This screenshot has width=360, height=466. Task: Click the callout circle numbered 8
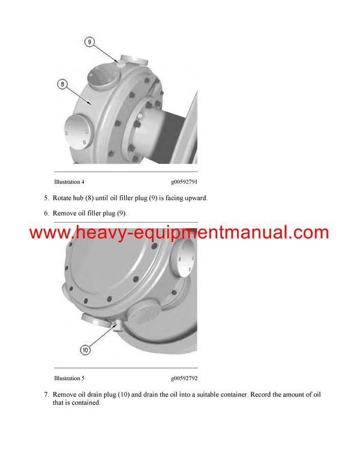point(62,84)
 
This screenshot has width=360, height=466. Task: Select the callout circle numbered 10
point(85,349)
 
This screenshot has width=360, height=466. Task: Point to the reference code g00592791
point(184,181)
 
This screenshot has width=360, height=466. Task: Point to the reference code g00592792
point(184,378)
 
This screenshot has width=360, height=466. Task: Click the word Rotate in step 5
point(63,198)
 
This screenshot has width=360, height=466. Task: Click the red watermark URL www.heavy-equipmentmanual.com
point(179,233)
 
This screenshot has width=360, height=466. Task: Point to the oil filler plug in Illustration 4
point(120,61)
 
